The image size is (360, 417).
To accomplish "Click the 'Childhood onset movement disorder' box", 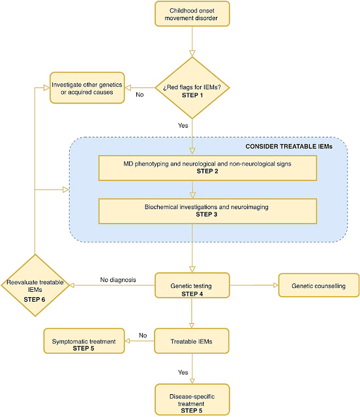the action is click(192, 14).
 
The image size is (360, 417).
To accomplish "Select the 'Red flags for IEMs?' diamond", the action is click(192, 88).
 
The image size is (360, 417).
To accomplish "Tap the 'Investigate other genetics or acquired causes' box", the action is click(87, 88).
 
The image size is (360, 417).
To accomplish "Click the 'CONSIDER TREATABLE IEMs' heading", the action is click(289, 147).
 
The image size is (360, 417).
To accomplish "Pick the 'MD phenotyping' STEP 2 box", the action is click(207, 168).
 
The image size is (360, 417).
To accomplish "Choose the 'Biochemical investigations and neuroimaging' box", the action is click(207, 211).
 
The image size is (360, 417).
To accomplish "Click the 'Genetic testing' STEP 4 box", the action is click(192, 285).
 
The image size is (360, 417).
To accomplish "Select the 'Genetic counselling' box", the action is click(318, 285).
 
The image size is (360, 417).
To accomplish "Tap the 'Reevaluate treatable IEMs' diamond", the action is click(35, 285).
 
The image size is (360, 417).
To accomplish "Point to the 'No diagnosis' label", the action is click(118, 280).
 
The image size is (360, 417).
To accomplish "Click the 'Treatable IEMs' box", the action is click(192, 341).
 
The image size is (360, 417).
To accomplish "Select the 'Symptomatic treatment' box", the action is click(84, 341).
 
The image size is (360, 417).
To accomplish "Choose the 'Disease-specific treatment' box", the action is click(192, 399).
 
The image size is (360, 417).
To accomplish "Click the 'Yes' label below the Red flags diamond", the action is click(183, 126).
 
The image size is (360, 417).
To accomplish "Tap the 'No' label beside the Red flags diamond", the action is click(140, 94).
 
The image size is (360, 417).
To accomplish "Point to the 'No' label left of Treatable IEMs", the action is click(143, 336).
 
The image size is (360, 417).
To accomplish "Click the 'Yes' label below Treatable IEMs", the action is click(183, 372).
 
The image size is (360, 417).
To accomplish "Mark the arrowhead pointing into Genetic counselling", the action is click(276, 285).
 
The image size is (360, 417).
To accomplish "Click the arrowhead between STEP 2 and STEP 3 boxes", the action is click(193, 195).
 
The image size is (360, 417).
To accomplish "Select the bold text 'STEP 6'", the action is click(35, 300).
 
